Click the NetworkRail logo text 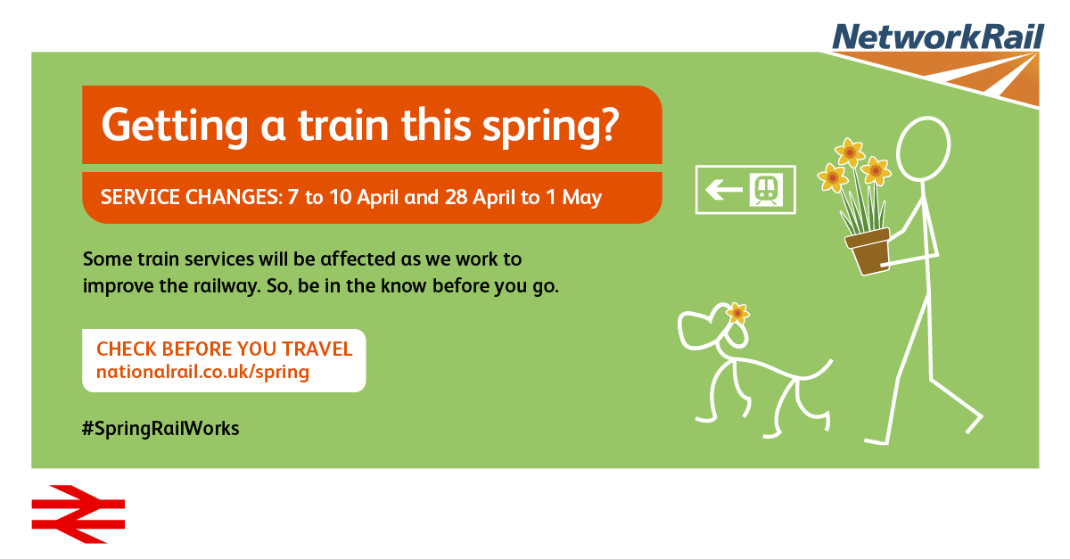[938, 37]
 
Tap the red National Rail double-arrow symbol [78, 514]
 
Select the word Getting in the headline [175, 126]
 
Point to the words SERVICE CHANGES [192, 197]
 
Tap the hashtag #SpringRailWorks [160, 429]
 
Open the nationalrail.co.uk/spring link [202, 372]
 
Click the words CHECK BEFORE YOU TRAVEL [224, 349]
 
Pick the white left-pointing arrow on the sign [724, 190]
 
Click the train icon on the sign [766, 190]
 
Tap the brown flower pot [868, 251]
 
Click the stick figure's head [924, 149]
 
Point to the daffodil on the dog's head [737, 314]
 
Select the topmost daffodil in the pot [850, 152]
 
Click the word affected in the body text [358, 259]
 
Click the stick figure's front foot [876, 441]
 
